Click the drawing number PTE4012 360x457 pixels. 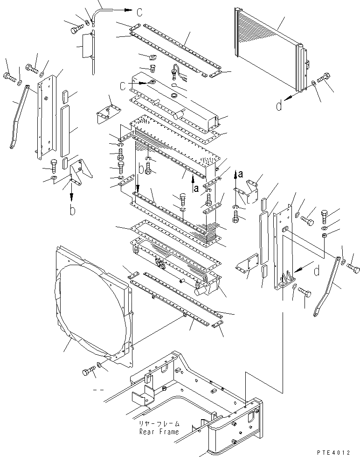click(x=339, y=452)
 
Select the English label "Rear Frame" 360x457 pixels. click(x=159, y=432)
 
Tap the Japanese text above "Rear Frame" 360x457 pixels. click(x=159, y=424)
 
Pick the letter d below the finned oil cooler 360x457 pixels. click(x=279, y=106)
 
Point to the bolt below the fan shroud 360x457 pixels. click(x=88, y=372)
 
